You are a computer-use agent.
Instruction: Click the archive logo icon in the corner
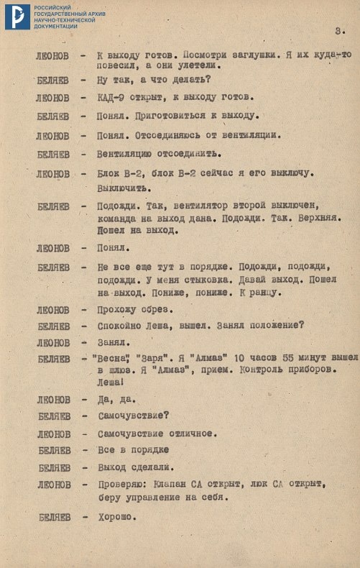[17, 17]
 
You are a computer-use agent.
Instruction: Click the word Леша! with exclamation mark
[111, 383]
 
